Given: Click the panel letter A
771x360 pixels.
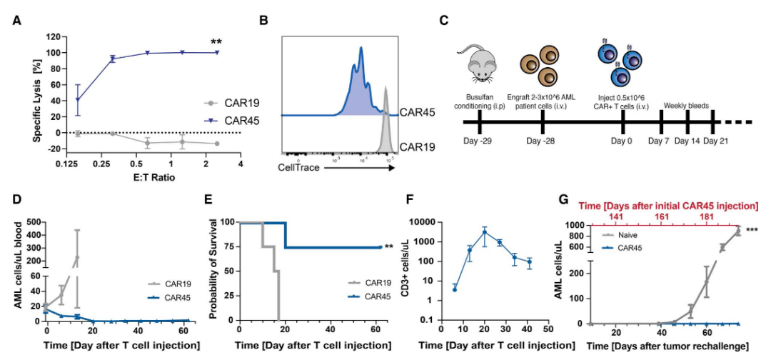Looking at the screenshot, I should pos(16,20).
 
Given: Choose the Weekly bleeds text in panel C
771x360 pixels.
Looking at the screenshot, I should pos(687,105).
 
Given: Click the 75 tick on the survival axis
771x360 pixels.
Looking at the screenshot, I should pos(227,247).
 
